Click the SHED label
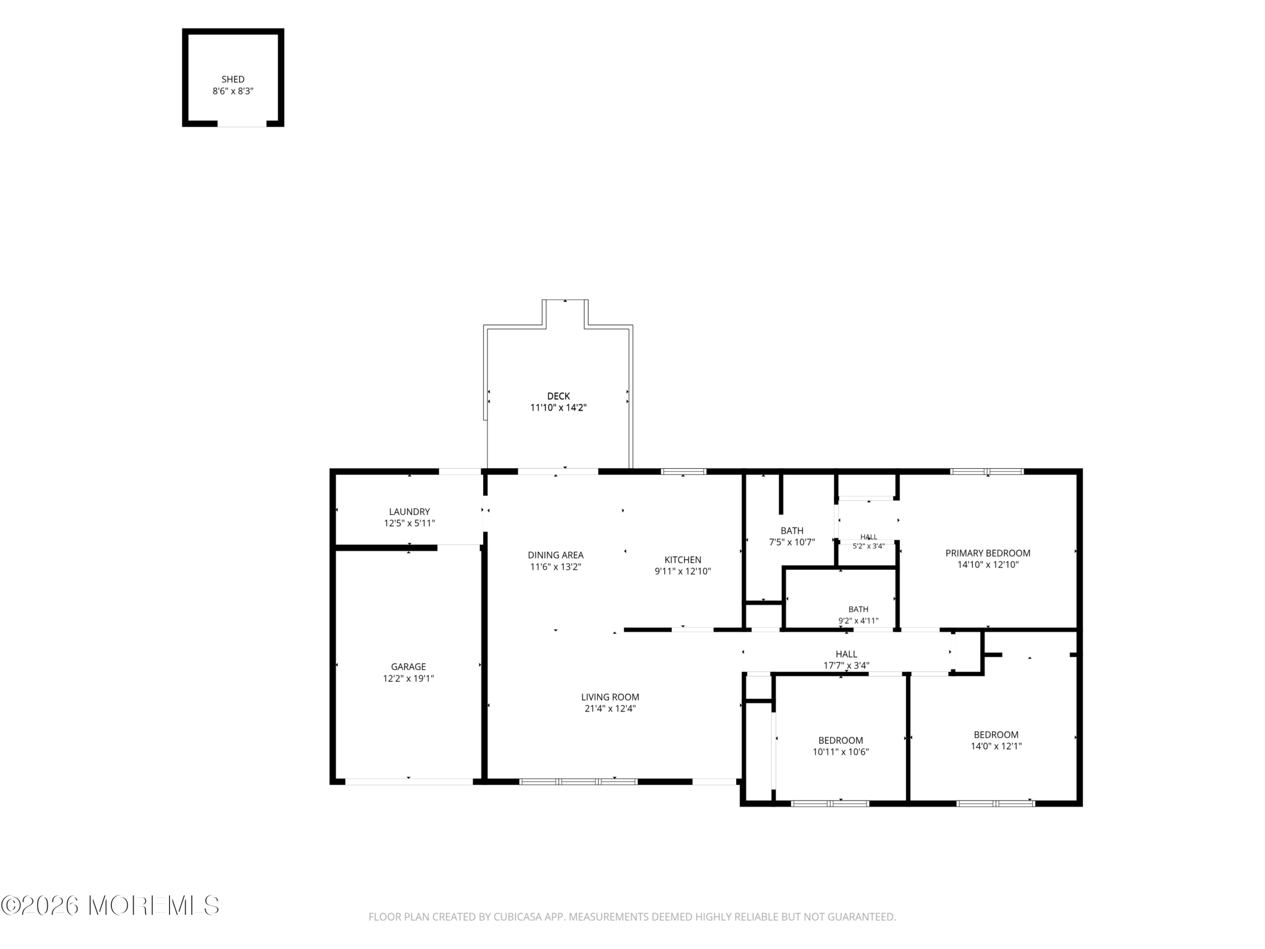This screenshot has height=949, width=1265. click(233, 80)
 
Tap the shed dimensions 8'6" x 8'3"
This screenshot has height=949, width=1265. click(233, 91)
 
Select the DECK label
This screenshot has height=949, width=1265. click(558, 396)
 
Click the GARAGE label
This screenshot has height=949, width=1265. click(408, 666)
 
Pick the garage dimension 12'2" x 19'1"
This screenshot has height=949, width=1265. click(408, 679)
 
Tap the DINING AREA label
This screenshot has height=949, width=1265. click(555, 555)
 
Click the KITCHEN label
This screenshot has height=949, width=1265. click(683, 560)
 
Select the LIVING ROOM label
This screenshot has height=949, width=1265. click(610, 697)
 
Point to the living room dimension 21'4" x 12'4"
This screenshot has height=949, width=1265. click(610, 708)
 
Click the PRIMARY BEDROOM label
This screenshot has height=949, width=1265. click(988, 553)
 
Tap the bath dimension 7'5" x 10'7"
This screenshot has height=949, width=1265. click(792, 542)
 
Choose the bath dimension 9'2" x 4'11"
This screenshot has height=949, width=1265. click(858, 621)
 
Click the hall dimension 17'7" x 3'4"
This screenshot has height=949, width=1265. click(846, 665)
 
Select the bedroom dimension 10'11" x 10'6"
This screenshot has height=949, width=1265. click(841, 752)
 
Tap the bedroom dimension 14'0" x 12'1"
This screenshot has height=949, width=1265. click(996, 746)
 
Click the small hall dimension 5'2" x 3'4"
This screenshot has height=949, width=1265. click(869, 546)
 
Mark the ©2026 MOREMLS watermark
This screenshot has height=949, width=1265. click(110, 906)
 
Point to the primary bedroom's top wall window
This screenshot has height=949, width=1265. click(987, 472)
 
